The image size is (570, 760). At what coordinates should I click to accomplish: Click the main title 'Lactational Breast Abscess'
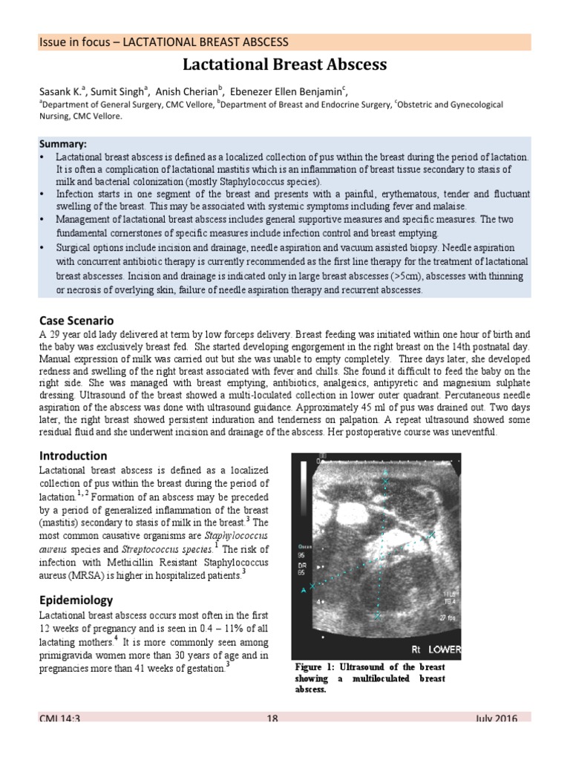(285, 65)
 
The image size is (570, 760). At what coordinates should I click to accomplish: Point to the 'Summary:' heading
(63, 143)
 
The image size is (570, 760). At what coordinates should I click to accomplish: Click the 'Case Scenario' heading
(76, 321)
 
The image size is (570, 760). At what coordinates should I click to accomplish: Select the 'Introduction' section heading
(73, 455)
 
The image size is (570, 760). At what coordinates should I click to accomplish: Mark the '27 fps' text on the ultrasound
(448, 617)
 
